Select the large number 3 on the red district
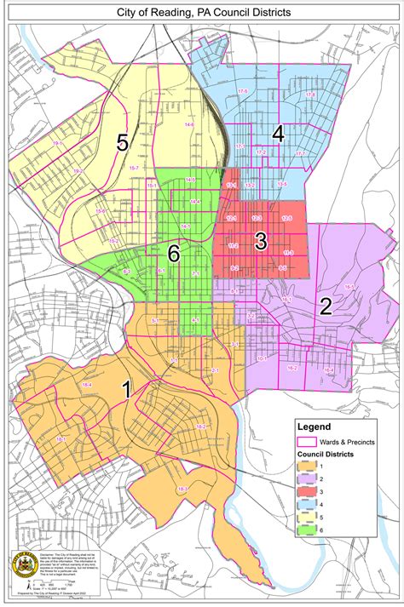point(261,241)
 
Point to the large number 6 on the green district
point(174,252)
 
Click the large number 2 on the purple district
point(325,307)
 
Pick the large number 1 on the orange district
point(126,390)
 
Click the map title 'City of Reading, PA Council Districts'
point(202,13)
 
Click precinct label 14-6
point(188,125)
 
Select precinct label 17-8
point(310,94)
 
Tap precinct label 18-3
point(182,490)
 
